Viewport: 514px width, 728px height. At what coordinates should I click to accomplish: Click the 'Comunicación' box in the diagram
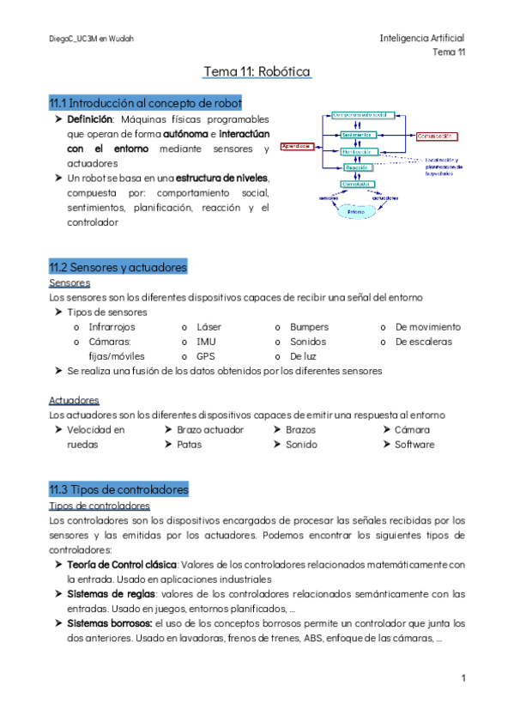click(x=435, y=136)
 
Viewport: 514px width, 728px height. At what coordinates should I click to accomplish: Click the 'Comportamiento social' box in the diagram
click(x=361, y=114)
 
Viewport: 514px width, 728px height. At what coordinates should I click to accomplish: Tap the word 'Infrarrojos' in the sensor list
click(x=112, y=327)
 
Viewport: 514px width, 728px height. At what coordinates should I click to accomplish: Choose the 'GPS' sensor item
click(x=205, y=355)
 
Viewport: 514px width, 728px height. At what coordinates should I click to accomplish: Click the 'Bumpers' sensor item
click(x=308, y=327)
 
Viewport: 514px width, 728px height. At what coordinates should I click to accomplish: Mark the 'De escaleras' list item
click(x=423, y=342)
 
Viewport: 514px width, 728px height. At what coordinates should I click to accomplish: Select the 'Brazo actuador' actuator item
click(x=210, y=429)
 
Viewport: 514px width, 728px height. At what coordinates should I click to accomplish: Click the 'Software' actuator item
click(x=414, y=445)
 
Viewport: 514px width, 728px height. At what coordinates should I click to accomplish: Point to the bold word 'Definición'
click(x=90, y=119)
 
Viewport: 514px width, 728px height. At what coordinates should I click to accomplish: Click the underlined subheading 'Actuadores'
click(x=74, y=400)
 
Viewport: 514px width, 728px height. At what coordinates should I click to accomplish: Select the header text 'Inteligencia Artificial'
click(x=421, y=39)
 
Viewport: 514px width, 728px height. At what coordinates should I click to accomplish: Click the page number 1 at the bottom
click(x=463, y=678)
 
